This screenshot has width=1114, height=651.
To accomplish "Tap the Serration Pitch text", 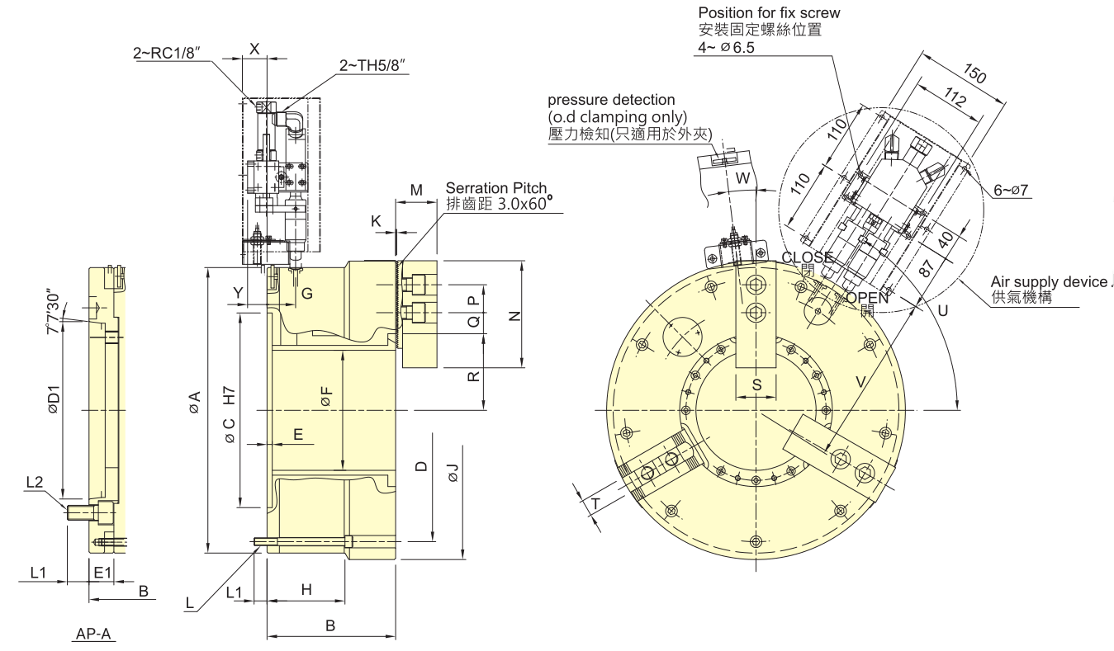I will tap(495, 188).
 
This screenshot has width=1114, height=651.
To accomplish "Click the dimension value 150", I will tap(974, 76).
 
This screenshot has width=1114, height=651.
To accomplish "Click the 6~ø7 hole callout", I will tap(1012, 190).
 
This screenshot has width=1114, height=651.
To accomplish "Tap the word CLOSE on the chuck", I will tap(807, 257).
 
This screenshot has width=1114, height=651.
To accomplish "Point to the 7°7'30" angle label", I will tap(54, 312).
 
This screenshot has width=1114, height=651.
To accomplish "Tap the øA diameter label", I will tap(194, 403).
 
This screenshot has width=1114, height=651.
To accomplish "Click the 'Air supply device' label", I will tap(1050, 282).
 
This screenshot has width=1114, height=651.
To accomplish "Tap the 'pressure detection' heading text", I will tap(611, 100).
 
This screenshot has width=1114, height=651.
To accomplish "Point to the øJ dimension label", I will tap(451, 474).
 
